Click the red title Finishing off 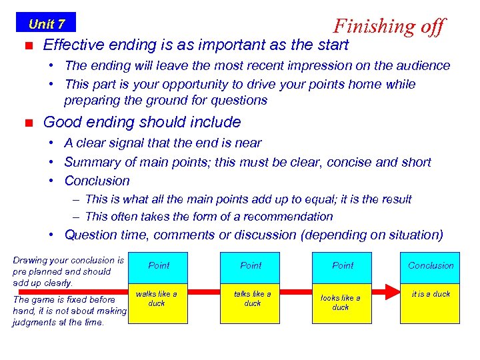pos(389,26)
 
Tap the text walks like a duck pos(157,298)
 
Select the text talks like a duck pos(252,298)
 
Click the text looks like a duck pos(341,303)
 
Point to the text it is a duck pos(431,294)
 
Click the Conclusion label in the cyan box pos(431,265)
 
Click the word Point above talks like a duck pos(251,265)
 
